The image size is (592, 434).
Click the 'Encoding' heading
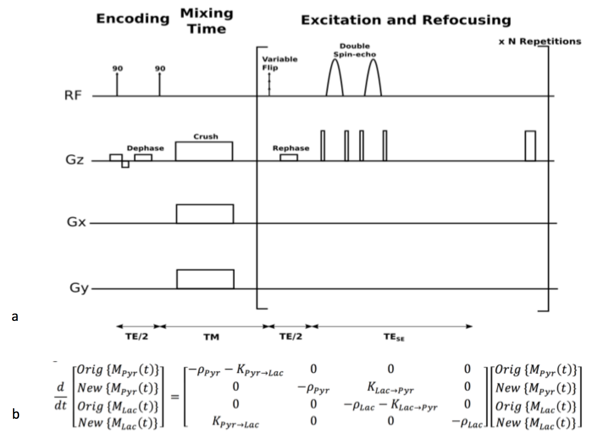pos(133,19)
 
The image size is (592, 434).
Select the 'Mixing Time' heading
pos(207,21)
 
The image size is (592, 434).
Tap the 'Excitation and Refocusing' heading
pos(406,20)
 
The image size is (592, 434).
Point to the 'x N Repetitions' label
pos(539,42)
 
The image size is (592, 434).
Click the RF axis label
pos(73,95)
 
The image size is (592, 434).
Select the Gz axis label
pos(75,160)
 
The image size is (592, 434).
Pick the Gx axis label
pos(76,222)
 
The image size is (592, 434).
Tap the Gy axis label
pos(79,288)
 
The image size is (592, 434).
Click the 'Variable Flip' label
pos(279,63)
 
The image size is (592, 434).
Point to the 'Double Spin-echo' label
pos(354,50)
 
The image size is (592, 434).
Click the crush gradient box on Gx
pos(205,214)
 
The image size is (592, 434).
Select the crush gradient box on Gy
pos(205,279)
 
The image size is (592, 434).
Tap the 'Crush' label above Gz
pos(206,136)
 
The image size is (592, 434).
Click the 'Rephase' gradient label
pos(291,148)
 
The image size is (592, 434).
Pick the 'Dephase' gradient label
pos(145,148)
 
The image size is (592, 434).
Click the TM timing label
pos(211,337)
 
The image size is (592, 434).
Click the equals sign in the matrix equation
pos(174,397)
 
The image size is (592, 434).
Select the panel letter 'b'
pos(16,414)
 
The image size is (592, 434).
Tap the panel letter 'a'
pos(15,316)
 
